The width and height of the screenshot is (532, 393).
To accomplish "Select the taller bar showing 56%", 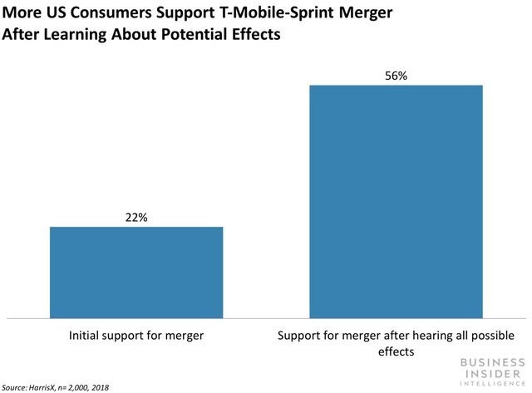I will pyautogui.click(x=396, y=201).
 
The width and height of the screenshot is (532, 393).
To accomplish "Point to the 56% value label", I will pyautogui.click(x=396, y=75).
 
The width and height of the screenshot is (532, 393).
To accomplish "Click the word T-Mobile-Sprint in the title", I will pyautogui.click(x=268, y=16).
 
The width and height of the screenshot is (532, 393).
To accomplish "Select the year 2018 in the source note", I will pyautogui.click(x=99, y=387).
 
